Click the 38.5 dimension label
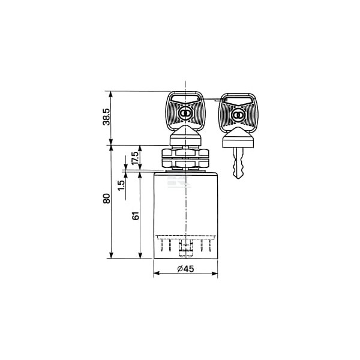coord(107,117)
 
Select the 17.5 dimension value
coord(135,158)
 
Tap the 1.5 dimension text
coord(121,185)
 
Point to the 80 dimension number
coord(107,199)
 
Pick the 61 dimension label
coord(136,215)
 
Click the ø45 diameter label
coord(185,269)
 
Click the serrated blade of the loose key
coord(238,163)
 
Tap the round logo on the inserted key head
coord(184,113)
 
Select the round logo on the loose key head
coord(238,115)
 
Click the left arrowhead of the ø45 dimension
coord(157,273)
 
